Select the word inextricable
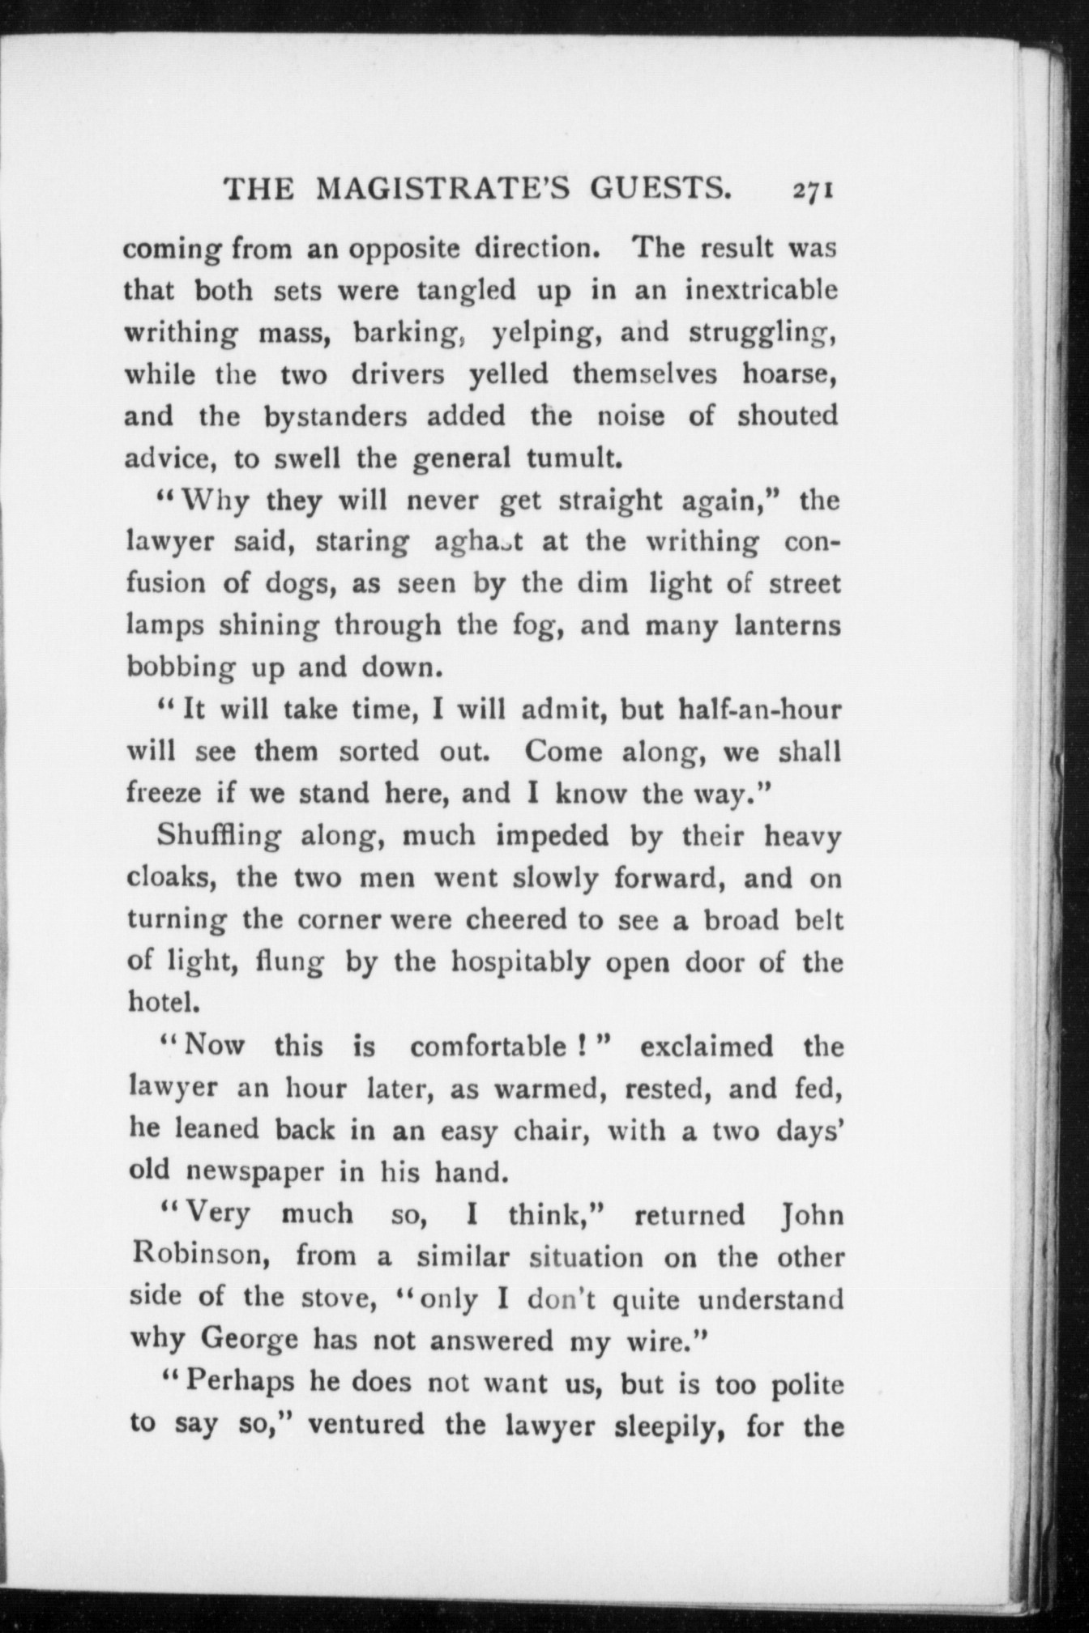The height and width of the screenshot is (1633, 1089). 761,290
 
